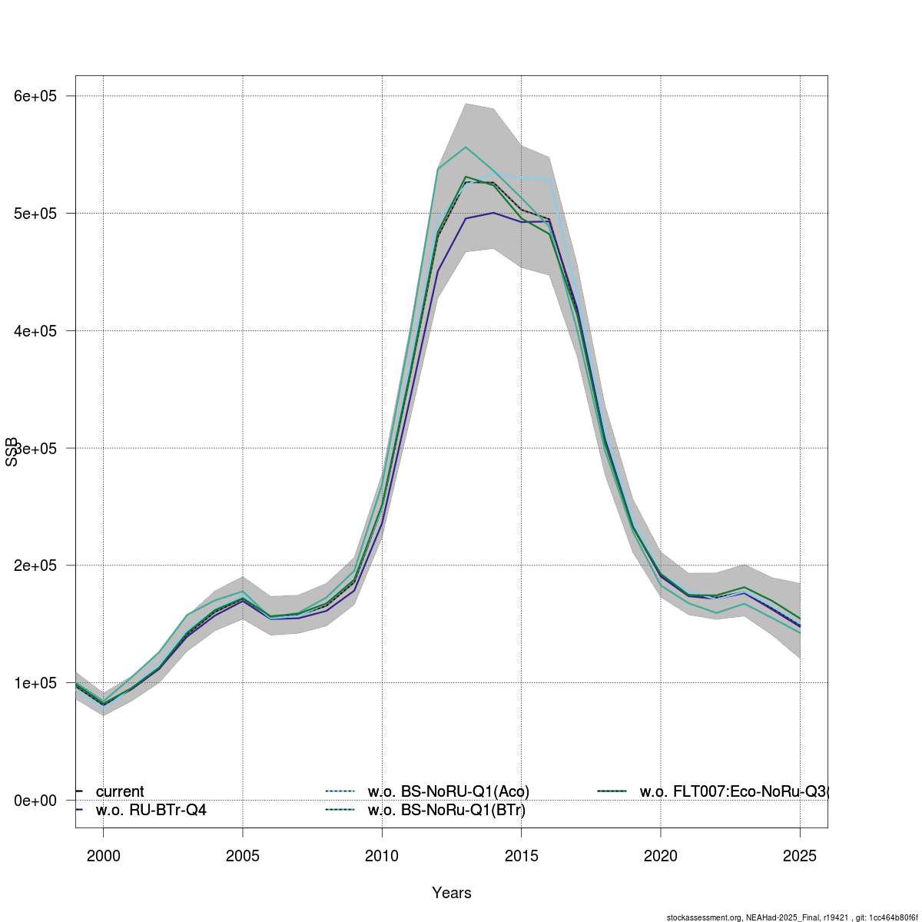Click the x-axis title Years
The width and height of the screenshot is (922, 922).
[452, 893]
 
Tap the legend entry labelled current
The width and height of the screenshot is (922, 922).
[119, 792]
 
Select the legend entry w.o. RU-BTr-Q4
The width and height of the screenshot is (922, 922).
[151, 810]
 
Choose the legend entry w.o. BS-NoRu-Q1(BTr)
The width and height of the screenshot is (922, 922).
[446, 810]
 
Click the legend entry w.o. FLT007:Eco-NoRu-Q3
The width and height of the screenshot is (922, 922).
[734, 792]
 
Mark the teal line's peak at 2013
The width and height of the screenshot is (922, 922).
[466, 147]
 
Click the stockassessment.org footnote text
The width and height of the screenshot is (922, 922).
[791, 917]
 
